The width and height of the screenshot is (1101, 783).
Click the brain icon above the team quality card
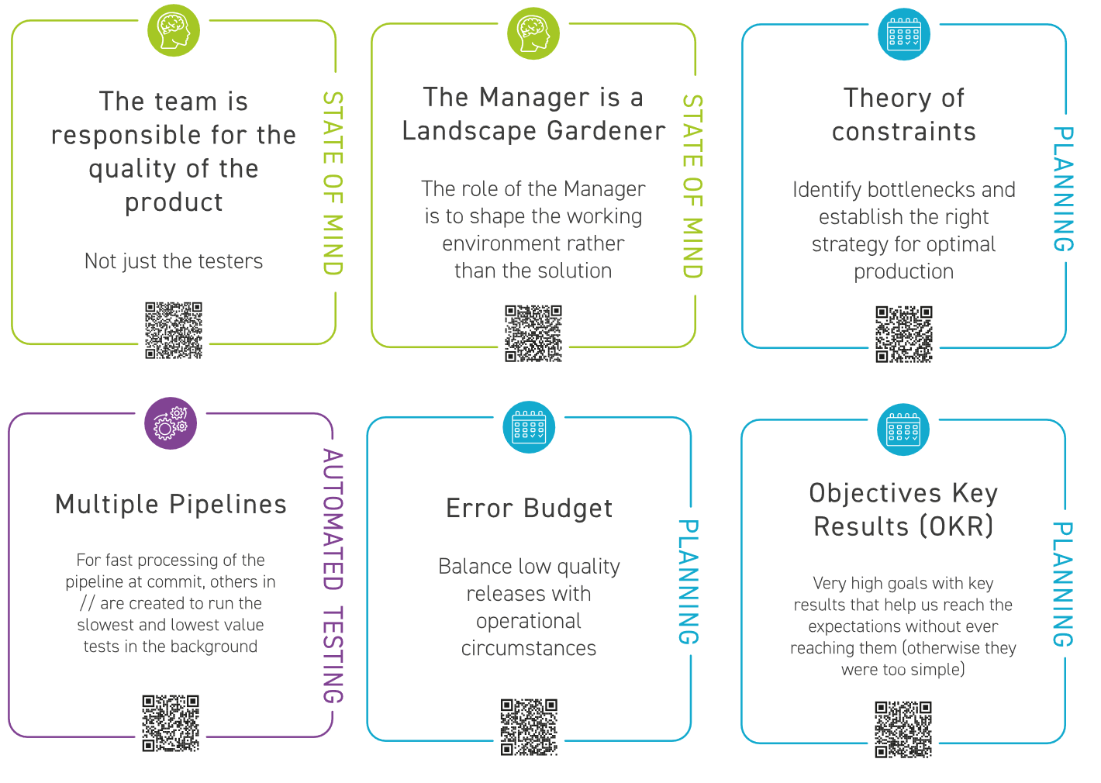tap(174, 31)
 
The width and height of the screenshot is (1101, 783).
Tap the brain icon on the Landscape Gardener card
tap(533, 34)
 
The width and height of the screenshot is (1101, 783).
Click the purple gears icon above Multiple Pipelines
tap(171, 423)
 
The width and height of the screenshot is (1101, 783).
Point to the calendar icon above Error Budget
tap(529, 427)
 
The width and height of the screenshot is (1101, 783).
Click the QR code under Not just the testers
tap(174, 330)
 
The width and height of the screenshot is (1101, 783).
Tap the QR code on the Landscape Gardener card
tap(533, 333)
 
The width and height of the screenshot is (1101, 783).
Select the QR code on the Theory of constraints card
tap(904, 334)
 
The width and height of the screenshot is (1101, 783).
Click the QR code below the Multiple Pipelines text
tap(171, 723)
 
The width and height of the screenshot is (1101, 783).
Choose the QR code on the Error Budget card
tap(529, 727)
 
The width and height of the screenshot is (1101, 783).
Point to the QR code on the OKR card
tap(903, 730)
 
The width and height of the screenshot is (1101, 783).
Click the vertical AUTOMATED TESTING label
tap(333, 576)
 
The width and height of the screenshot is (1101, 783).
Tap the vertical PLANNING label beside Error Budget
tap(689, 582)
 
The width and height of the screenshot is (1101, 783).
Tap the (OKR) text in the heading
tap(957, 527)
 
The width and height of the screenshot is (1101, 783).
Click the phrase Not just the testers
tap(174, 261)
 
